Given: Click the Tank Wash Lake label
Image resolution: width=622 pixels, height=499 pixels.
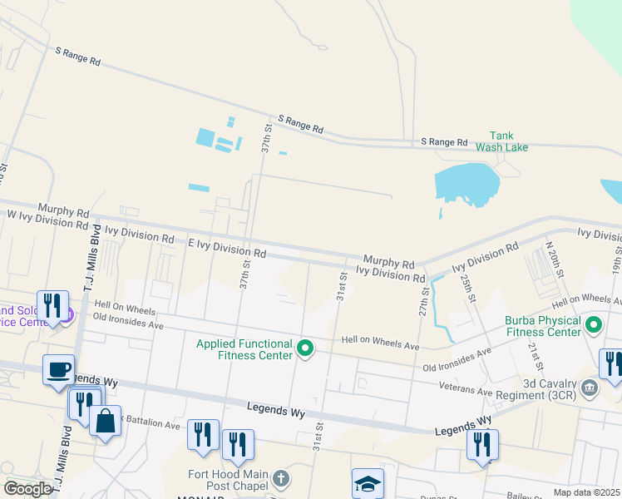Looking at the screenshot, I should tap(501, 141).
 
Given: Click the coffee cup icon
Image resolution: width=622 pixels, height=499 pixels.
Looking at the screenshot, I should tap(58, 369).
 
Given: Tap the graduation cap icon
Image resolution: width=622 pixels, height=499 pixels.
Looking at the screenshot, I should tap(367, 483).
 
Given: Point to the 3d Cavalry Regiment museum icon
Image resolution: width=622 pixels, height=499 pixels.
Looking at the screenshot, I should tap(590, 387).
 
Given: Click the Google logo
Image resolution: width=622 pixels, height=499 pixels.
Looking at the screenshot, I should tap(27, 489).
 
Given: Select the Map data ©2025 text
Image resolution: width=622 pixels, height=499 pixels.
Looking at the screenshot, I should tap(586, 492).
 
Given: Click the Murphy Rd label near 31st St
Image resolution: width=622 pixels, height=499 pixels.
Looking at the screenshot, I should tap(388, 261).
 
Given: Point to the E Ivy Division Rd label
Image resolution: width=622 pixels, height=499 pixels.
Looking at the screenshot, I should tap(227, 247).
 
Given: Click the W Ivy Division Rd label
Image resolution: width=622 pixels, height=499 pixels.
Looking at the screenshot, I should tap(47, 220).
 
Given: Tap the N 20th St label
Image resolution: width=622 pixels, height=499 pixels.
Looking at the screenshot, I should tap(554, 261).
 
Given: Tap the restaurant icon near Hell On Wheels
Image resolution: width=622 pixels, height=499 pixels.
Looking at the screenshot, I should tap(52, 305).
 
